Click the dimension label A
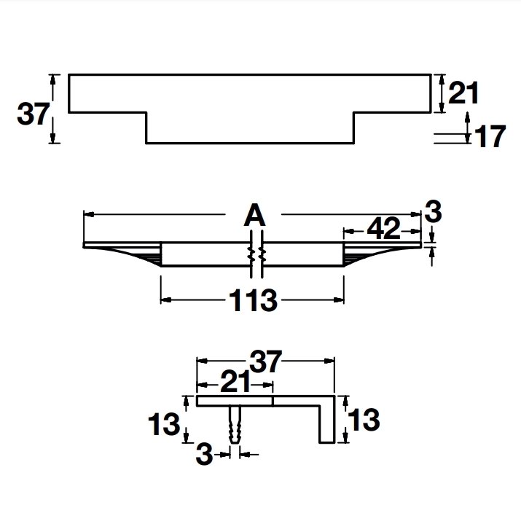point(255,215)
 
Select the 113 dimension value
point(253,300)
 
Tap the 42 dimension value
point(383,228)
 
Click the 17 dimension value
point(490,136)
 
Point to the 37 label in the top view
point(34,114)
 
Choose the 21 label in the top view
point(463,93)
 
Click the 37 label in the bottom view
point(266,361)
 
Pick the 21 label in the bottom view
point(235,382)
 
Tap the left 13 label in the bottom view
point(163,424)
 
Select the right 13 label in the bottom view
point(364,420)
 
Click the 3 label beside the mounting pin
point(204,454)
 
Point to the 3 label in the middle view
point(433,211)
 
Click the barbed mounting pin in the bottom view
point(235,424)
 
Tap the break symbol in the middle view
point(256,254)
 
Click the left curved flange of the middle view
point(122,254)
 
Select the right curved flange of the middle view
point(382,254)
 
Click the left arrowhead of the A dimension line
point(88,215)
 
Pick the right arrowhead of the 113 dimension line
point(338,300)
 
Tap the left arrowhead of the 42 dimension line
point(348,230)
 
